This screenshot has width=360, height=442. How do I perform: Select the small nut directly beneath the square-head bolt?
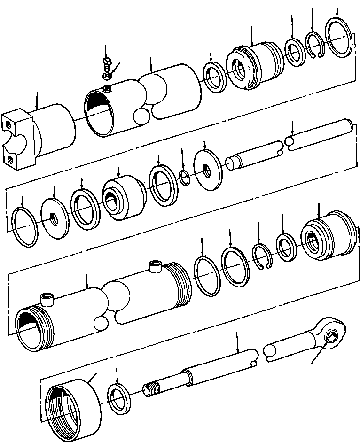(107, 75)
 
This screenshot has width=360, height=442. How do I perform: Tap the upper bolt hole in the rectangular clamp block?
(9, 125)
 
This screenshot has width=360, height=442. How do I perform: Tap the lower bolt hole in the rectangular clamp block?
(10, 160)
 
